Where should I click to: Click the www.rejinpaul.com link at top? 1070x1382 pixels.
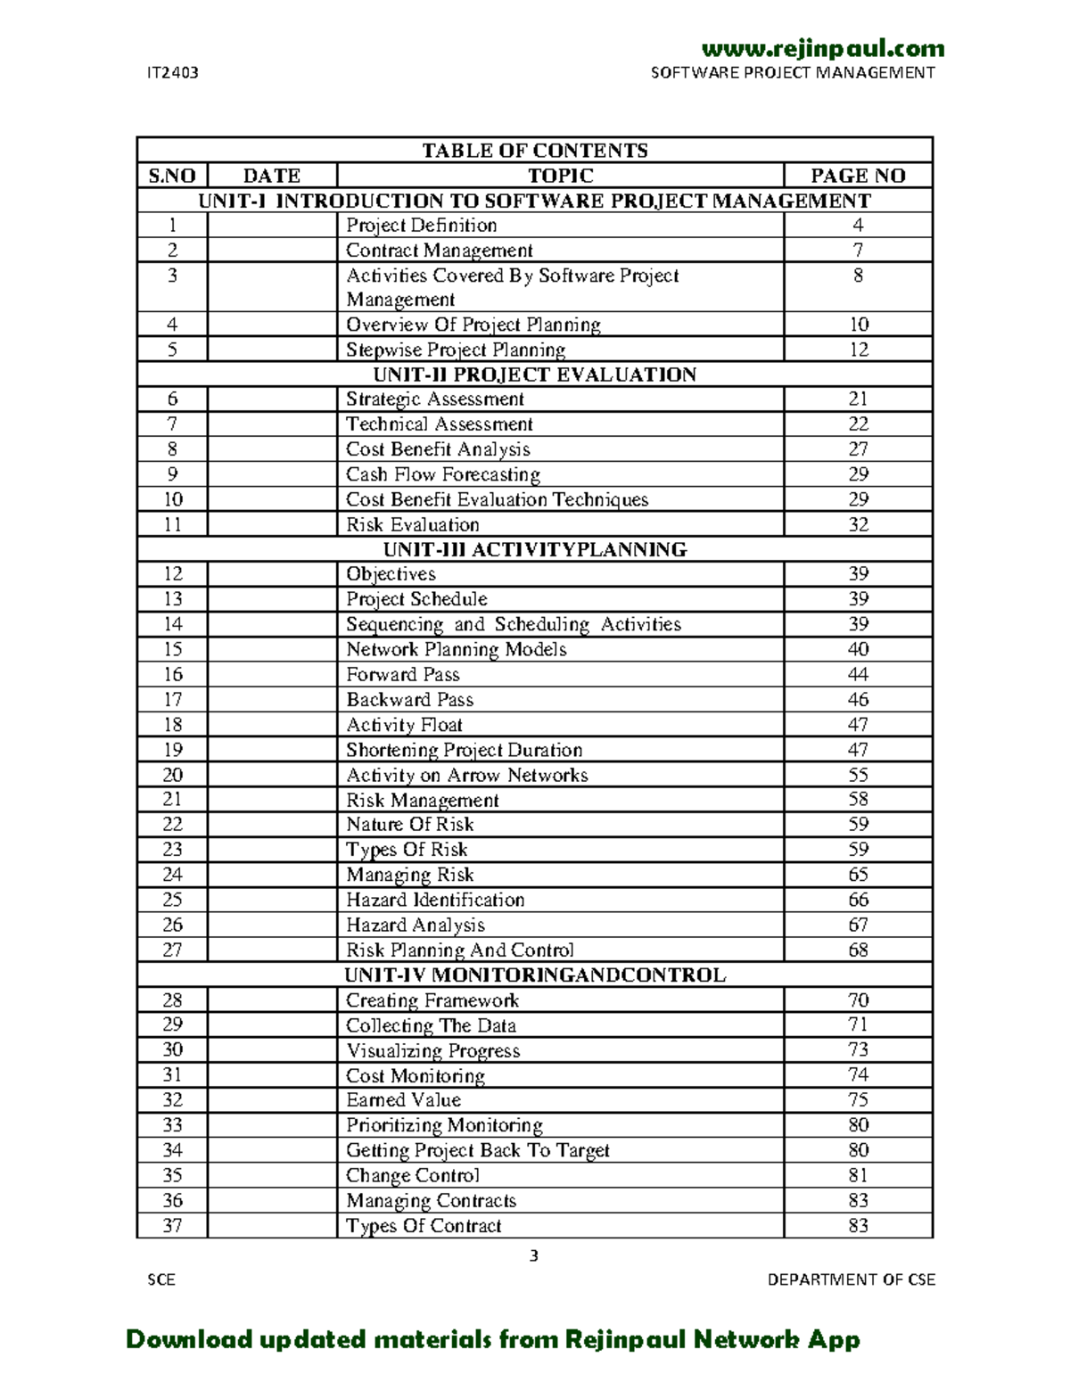(822, 48)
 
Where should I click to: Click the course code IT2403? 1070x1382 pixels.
(172, 73)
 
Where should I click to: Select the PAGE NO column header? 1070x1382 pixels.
(858, 176)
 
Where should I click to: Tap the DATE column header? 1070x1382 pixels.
(272, 176)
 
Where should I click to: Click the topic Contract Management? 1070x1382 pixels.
(439, 251)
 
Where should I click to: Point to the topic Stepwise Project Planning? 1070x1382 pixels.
(456, 350)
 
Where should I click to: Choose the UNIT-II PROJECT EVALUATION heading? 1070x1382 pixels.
(534, 374)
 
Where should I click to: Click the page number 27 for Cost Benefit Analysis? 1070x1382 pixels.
(858, 449)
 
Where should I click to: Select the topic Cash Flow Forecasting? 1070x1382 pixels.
(443, 474)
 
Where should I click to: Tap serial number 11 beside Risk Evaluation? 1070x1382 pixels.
(172, 524)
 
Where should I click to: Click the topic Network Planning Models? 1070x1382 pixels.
(456, 649)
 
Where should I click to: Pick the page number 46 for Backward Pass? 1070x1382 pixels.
(858, 700)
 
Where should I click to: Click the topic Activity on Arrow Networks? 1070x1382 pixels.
(466, 775)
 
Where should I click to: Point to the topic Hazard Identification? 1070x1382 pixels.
(435, 900)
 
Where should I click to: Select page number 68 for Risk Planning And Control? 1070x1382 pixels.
(858, 950)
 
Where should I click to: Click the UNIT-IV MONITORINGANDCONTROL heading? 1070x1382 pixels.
(534, 975)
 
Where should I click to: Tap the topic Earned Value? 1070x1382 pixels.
(403, 1100)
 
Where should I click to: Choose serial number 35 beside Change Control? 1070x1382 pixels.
(172, 1175)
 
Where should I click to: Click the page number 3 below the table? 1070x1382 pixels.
(534, 1256)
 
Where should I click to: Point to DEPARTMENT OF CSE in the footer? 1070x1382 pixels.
(852, 1279)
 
